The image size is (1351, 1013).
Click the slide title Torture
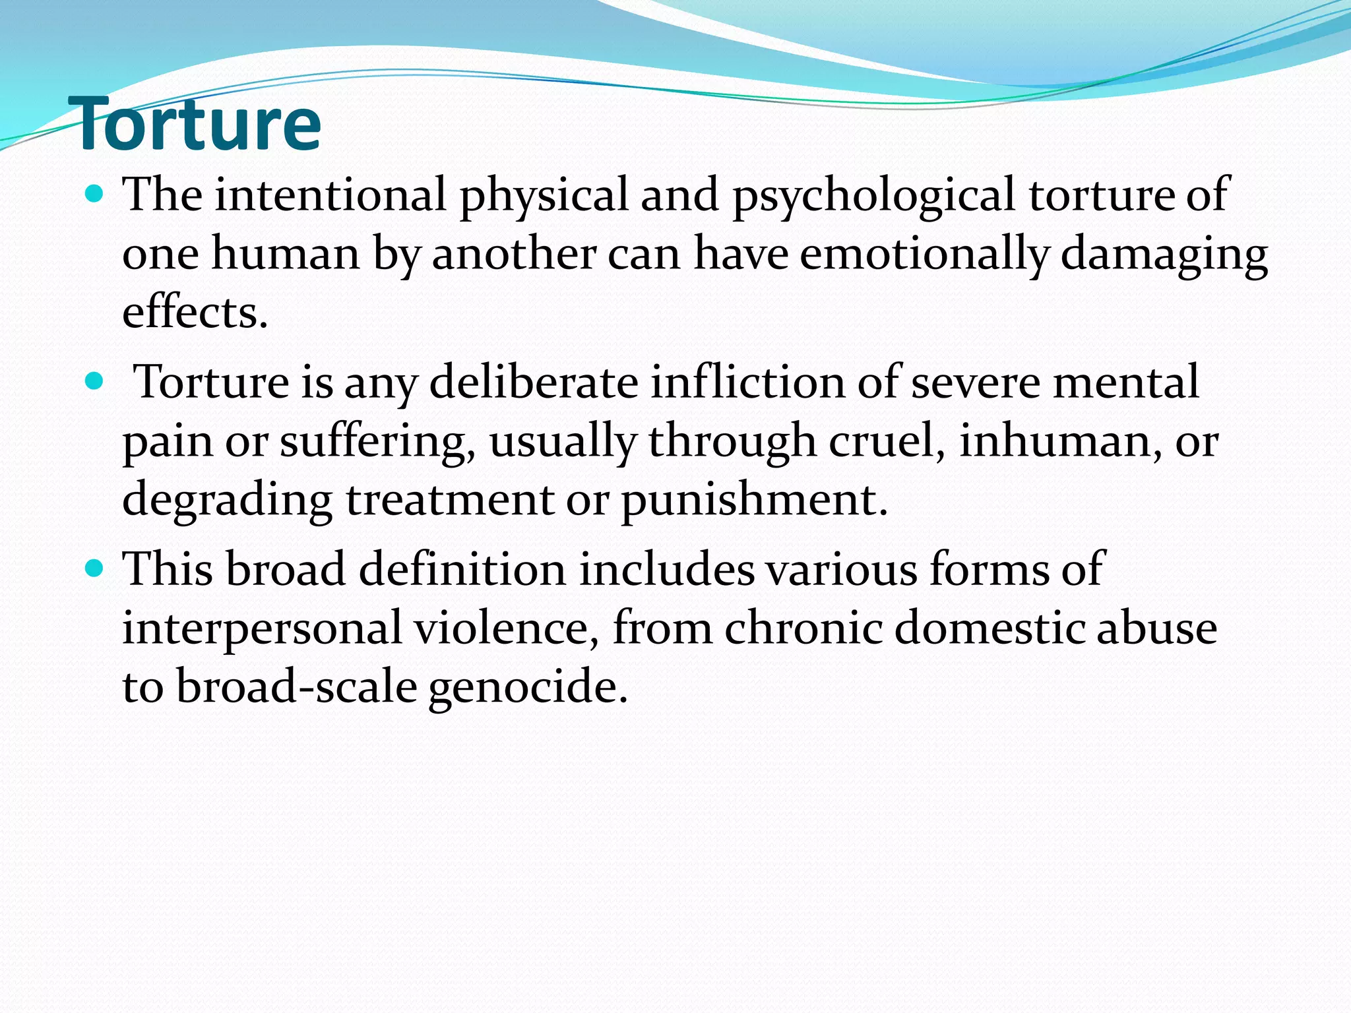point(198,124)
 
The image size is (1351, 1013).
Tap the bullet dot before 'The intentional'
point(95,193)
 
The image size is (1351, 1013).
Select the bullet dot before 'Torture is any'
point(95,381)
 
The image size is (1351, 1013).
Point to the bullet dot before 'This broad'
point(95,568)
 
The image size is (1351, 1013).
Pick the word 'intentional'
point(330,195)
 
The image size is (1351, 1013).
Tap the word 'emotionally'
point(924,255)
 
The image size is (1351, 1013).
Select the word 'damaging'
point(1164,255)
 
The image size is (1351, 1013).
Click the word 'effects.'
point(195,312)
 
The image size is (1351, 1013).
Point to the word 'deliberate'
point(533,383)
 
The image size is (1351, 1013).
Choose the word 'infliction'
point(747,383)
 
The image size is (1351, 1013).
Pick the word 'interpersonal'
point(262,629)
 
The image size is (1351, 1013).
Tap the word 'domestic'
point(988,628)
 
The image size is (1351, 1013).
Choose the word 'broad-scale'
point(296,687)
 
